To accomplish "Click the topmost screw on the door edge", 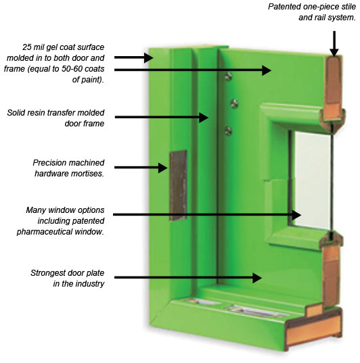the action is (x=229, y=76).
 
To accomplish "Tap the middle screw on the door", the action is (x=234, y=103).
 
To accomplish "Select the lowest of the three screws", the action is (x=228, y=131).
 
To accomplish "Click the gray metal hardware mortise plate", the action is (x=178, y=186).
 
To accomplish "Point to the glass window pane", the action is (x=312, y=180).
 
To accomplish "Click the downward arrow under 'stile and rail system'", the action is (x=334, y=44).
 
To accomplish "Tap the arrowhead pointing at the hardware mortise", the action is (x=163, y=168).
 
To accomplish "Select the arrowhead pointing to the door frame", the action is (x=204, y=118).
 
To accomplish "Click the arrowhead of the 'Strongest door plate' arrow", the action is (x=257, y=278).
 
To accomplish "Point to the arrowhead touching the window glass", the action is (x=296, y=215).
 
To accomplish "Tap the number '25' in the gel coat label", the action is (x=27, y=47).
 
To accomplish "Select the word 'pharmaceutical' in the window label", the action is (x=45, y=232).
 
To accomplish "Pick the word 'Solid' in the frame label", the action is (x=16, y=113).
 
